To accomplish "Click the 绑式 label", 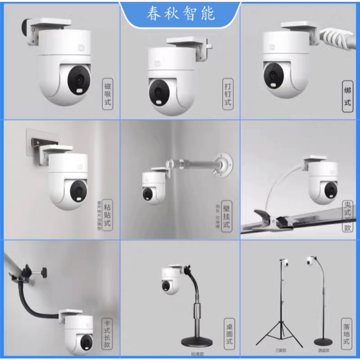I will [347, 96].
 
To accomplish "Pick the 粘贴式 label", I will [108, 214].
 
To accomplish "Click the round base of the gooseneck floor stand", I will [323, 341].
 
